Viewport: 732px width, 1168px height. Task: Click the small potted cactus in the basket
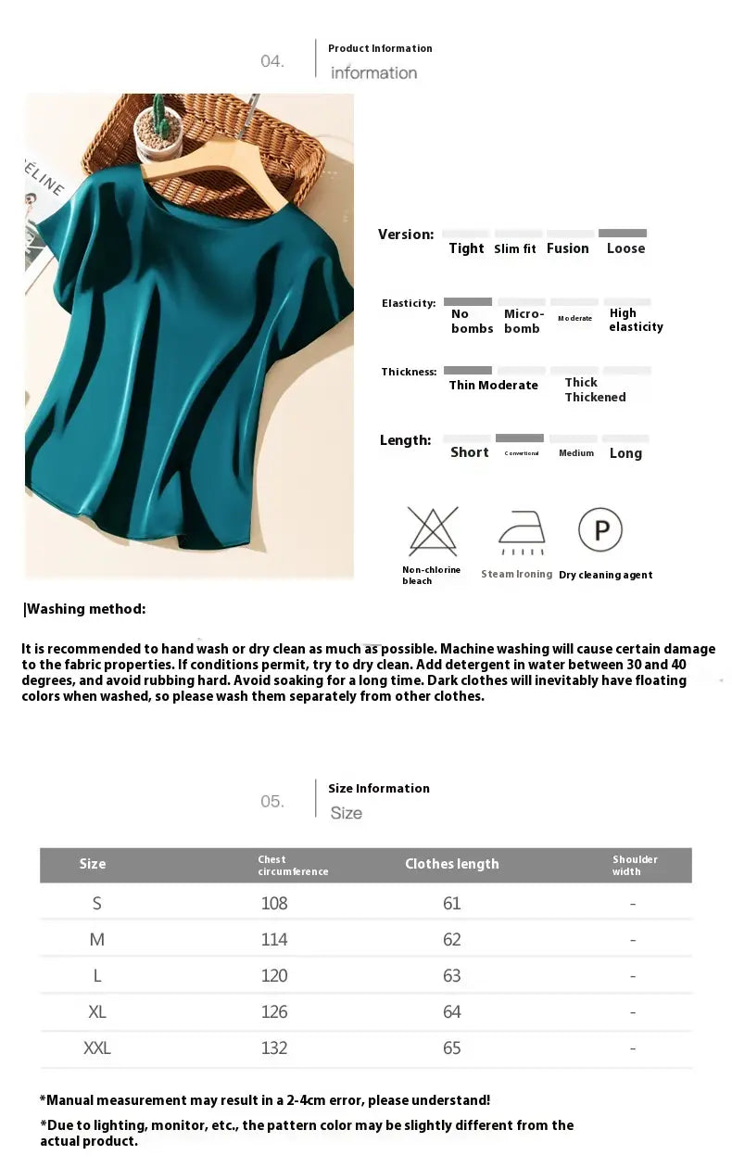tap(158, 129)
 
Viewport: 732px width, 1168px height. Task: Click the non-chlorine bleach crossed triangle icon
tap(432, 531)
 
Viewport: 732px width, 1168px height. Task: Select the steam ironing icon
tap(522, 533)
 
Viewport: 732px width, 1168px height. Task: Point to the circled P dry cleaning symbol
tap(600, 530)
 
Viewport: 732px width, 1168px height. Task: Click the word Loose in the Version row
tap(625, 248)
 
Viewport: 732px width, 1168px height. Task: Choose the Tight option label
tap(466, 248)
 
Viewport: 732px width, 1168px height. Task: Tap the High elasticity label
tap(636, 320)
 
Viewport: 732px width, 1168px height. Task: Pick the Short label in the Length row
tap(469, 452)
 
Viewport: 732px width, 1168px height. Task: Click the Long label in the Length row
tap(625, 453)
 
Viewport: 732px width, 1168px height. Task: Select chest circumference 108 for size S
tap(274, 903)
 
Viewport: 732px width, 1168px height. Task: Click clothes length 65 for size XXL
tap(451, 1047)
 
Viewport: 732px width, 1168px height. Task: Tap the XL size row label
tap(96, 1011)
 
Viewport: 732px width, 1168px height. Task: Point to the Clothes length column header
tap(451, 864)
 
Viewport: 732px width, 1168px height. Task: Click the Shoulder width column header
tap(635, 865)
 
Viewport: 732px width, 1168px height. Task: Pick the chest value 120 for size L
tap(274, 975)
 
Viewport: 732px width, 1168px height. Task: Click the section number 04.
tap(272, 61)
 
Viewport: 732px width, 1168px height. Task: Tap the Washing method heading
tap(85, 609)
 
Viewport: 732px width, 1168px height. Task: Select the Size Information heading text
tap(378, 788)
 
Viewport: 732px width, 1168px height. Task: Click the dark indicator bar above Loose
tap(623, 234)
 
